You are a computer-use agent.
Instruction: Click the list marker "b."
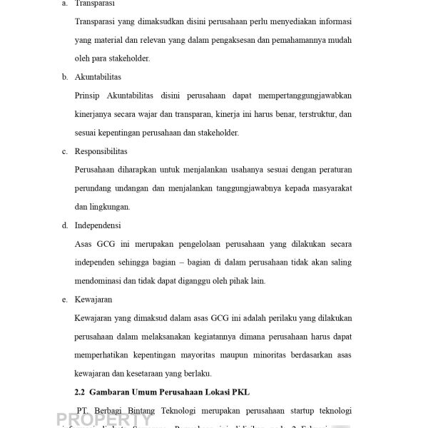tap(65, 76)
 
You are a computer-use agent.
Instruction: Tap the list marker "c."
tap(65, 151)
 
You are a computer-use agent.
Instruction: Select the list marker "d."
tap(65, 225)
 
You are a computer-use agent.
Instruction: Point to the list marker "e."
tap(65, 300)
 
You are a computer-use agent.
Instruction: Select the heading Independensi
tap(98, 225)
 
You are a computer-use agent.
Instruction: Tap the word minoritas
tap(275, 355)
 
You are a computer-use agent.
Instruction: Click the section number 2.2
tap(80, 392)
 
